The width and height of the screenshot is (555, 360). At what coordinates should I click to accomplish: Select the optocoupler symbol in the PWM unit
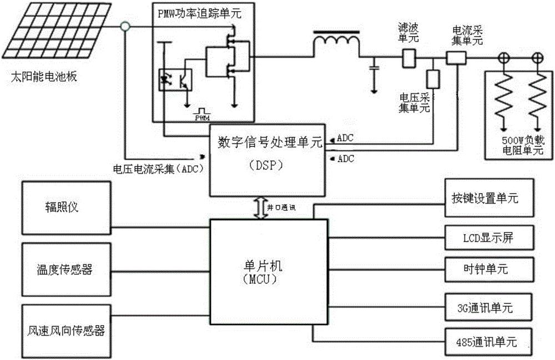click(x=175, y=80)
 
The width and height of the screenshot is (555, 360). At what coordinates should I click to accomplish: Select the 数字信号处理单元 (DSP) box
click(x=267, y=160)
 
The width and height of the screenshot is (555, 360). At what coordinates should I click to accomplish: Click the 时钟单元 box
click(x=489, y=269)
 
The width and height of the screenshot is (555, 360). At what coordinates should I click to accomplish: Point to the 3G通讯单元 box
click(x=489, y=305)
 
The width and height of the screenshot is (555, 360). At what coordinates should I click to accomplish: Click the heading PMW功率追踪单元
click(x=200, y=13)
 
